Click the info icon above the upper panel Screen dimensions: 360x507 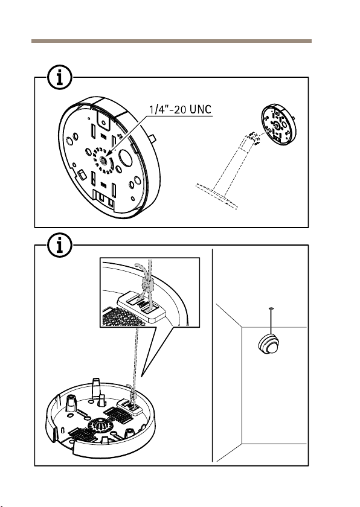click(x=60, y=78)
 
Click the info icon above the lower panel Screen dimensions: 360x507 click(x=60, y=246)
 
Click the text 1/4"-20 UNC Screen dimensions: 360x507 click(x=180, y=109)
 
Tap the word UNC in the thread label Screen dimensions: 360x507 click(x=201, y=109)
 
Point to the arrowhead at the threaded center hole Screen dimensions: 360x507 click(x=108, y=155)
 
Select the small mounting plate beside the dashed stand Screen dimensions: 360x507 click(x=278, y=125)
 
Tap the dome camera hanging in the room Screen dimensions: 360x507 click(x=268, y=345)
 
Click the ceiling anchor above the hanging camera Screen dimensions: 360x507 click(x=271, y=308)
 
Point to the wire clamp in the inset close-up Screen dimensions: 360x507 click(x=147, y=285)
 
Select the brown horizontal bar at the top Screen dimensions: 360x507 click(x=172, y=41)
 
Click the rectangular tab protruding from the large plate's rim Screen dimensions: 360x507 click(x=152, y=139)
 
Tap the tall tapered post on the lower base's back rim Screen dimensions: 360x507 click(x=96, y=387)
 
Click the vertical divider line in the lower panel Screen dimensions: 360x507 click(x=213, y=355)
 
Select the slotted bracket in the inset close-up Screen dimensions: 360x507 click(x=142, y=307)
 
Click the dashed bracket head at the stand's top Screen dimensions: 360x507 click(x=254, y=138)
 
